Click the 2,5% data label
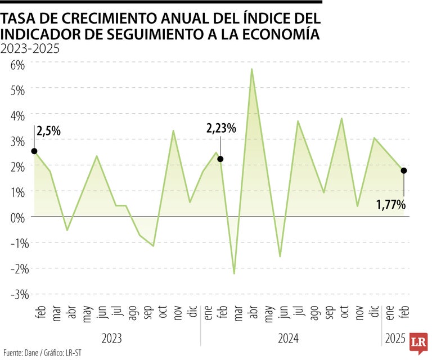(49, 132)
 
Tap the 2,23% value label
(221, 128)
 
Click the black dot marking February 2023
(34, 151)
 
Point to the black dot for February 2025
(403, 170)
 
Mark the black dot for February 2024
(220, 159)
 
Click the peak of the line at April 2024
(251, 69)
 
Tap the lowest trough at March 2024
(234, 273)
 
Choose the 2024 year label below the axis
(289, 339)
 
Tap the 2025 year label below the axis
(395, 339)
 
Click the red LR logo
(418, 343)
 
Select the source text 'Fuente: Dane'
(18, 353)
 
